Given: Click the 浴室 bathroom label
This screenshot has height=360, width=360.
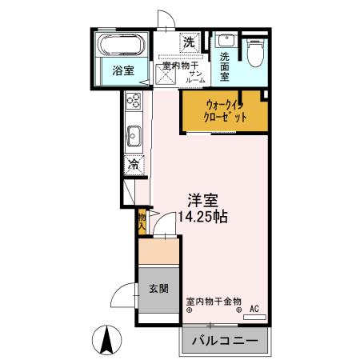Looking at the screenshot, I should click(x=122, y=70).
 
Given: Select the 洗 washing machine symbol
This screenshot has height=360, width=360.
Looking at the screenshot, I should click(x=190, y=42).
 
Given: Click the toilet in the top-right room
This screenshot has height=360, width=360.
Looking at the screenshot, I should click(x=254, y=53).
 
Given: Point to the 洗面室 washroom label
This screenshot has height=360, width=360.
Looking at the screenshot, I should click(x=225, y=67).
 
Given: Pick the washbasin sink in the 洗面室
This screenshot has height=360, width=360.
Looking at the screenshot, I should click(x=224, y=41).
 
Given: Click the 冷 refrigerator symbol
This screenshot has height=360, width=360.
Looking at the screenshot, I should click(x=133, y=165).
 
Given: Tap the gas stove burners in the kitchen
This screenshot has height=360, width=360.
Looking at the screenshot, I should click(x=133, y=102).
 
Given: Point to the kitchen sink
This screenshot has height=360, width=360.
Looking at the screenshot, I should click(x=134, y=136).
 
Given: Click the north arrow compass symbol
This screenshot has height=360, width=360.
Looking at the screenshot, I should click(x=106, y=340).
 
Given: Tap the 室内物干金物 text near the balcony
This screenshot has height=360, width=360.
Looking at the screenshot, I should click(x=214, y=301).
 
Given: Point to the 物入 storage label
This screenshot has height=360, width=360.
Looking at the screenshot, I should click(x=142, y=222).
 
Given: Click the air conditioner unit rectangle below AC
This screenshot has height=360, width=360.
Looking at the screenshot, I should click(x=254, y=317).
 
